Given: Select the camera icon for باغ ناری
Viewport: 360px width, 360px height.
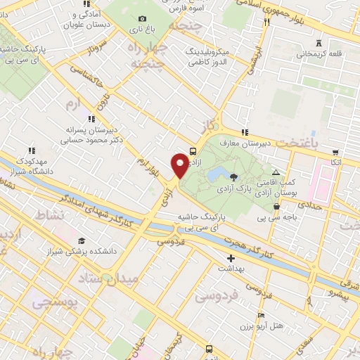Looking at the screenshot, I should pos(143,19).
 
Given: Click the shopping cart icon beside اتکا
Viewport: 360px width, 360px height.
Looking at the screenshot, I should pos(335,151).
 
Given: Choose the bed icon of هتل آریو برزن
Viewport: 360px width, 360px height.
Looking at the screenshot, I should pos(262,316).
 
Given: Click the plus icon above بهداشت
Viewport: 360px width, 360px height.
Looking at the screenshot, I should pos(231,259).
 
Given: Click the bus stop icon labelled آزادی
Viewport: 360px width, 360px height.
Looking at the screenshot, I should pos(193,150).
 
